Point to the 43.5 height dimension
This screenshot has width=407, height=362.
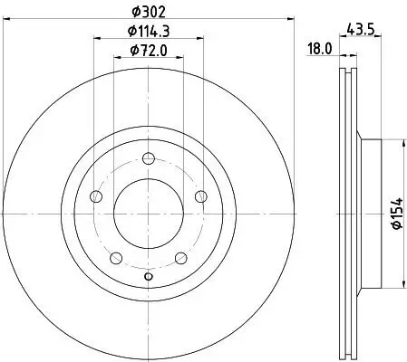360,29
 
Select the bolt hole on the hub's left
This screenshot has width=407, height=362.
96,196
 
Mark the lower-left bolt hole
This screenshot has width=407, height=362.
116,257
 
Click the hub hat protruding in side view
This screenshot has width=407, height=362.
369,214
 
